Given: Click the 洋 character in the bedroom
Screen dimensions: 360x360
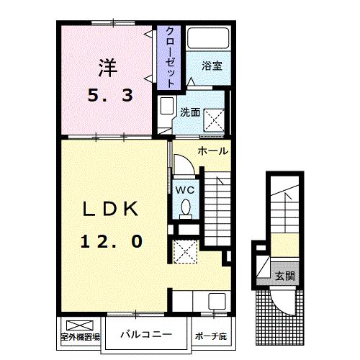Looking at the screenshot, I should (x=107, y=67).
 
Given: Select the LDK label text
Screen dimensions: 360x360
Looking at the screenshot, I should (x=110, y=210).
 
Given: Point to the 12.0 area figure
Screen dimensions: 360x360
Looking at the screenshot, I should (x=110, y=241).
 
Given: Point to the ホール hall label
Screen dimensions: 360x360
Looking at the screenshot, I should (x=213, y=151).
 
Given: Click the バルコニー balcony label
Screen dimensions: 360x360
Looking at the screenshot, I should (x=145, y=334).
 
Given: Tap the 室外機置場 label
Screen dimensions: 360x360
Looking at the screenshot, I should (x=80, y=336).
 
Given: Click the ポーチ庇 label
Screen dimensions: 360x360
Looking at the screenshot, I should (x=211, y=336).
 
